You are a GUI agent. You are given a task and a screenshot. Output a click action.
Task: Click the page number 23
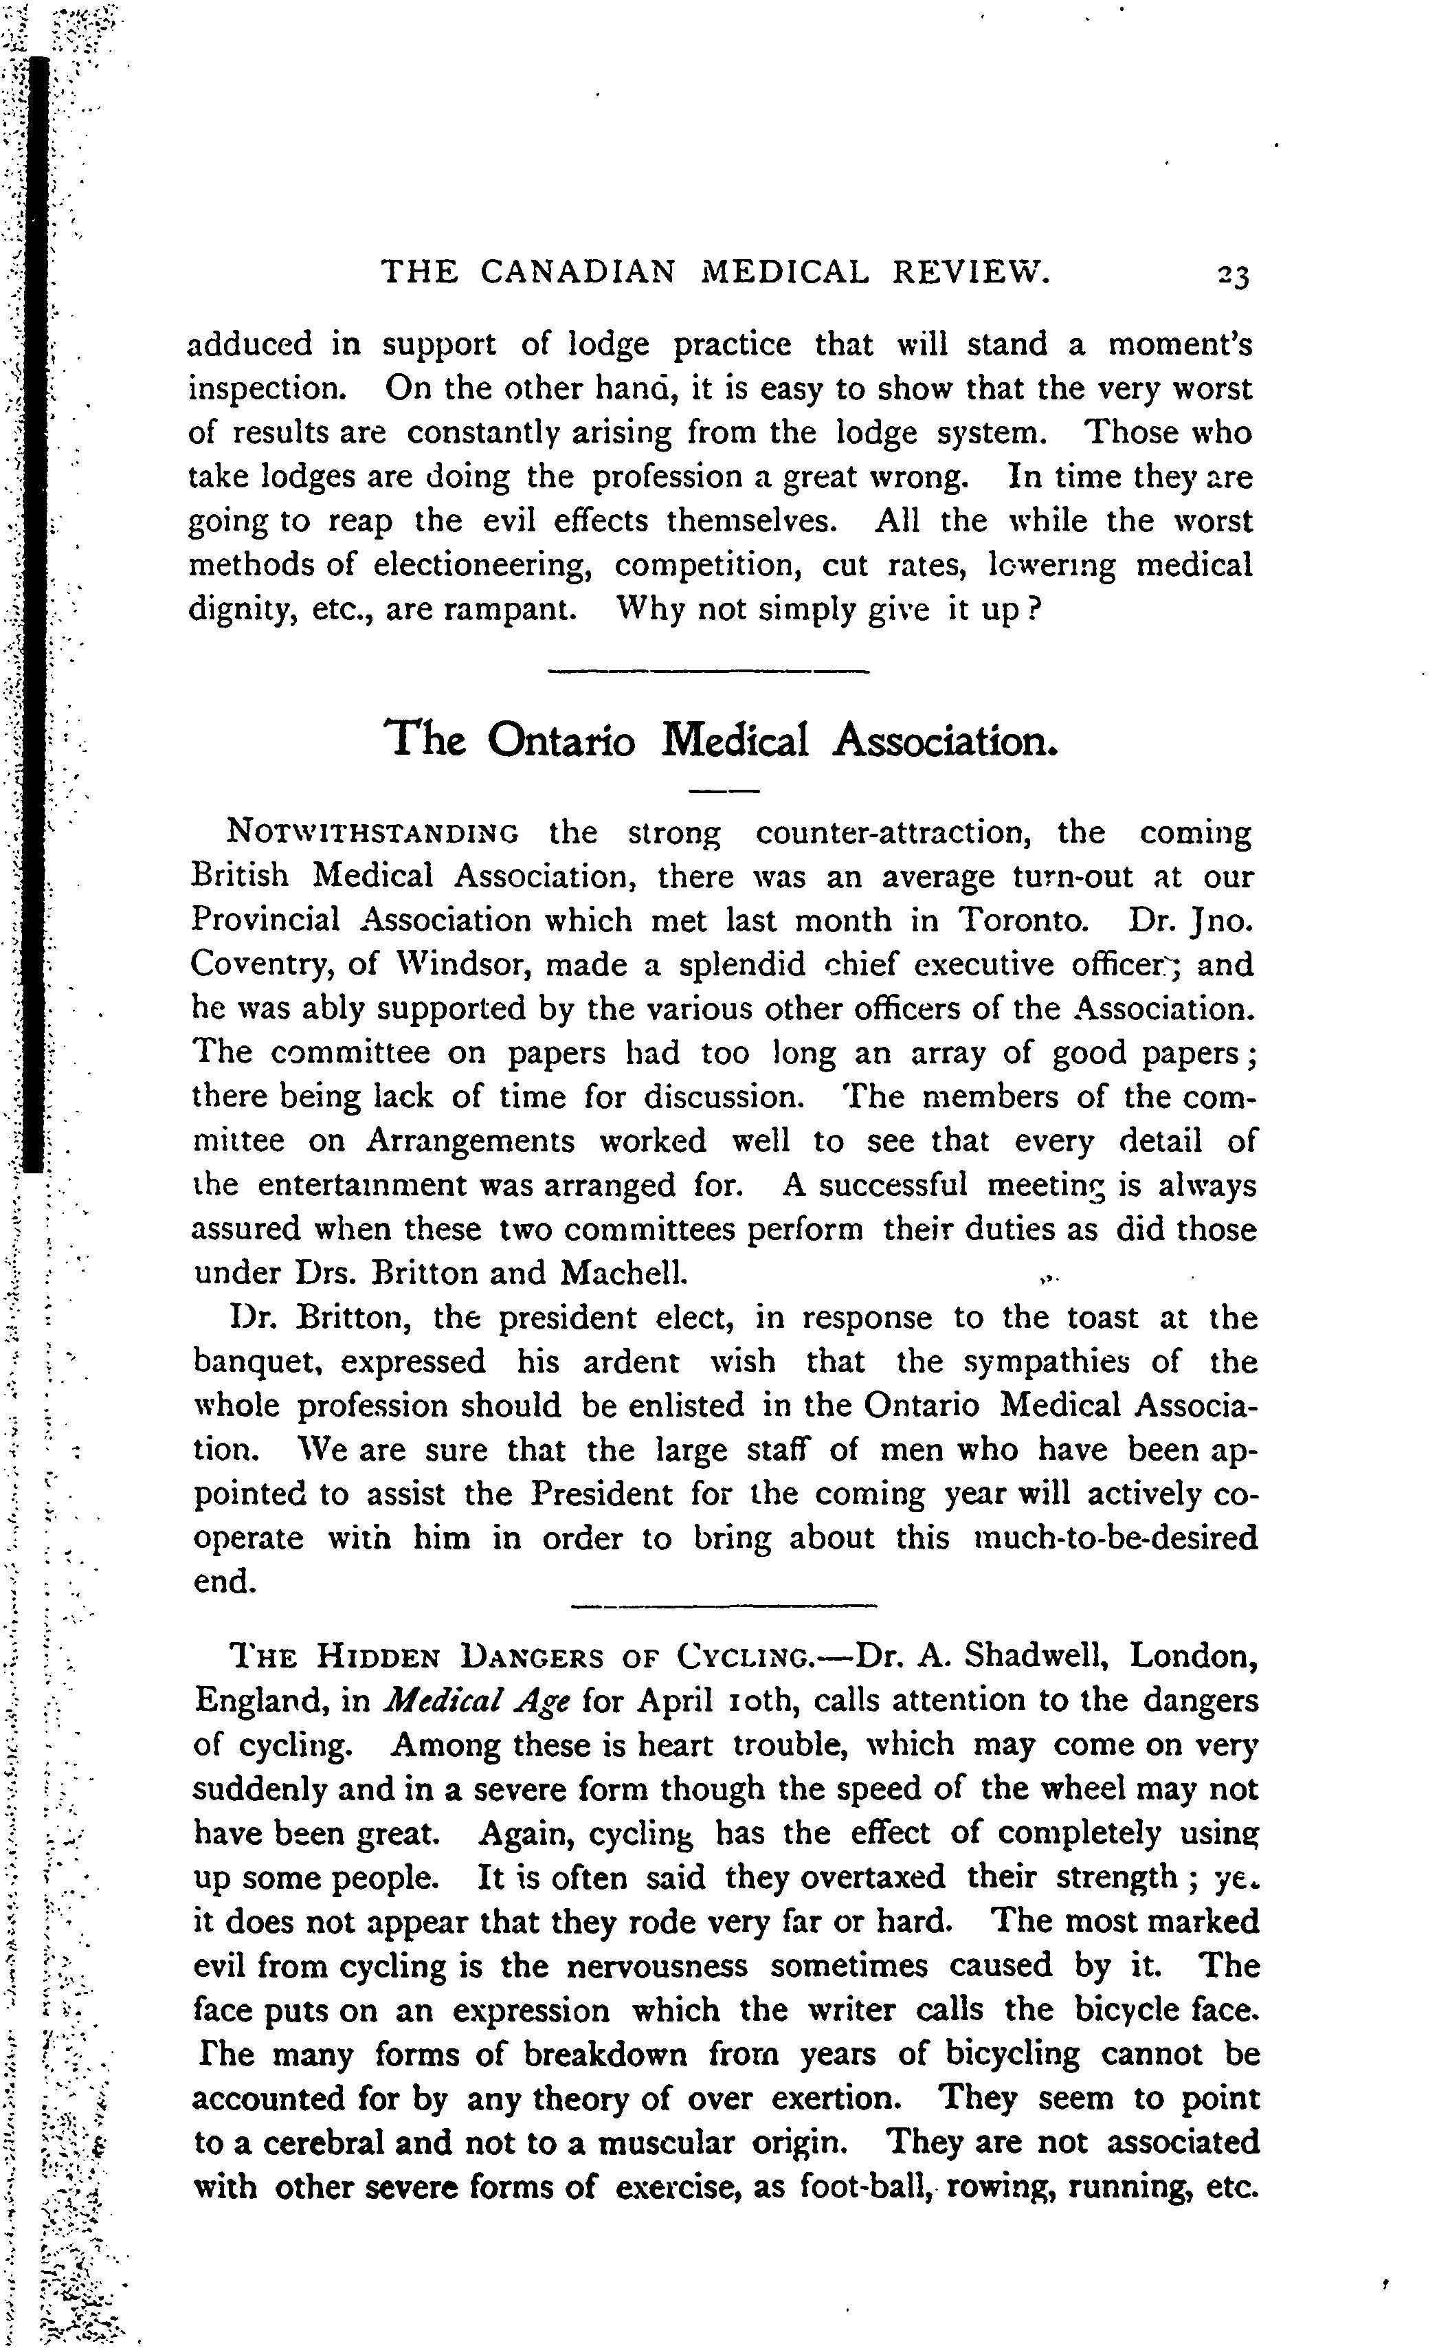coord(1232,276)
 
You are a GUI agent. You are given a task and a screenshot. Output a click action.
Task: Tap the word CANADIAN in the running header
coord(577,274)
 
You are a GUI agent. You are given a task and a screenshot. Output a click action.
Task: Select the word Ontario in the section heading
coord(561,740)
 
